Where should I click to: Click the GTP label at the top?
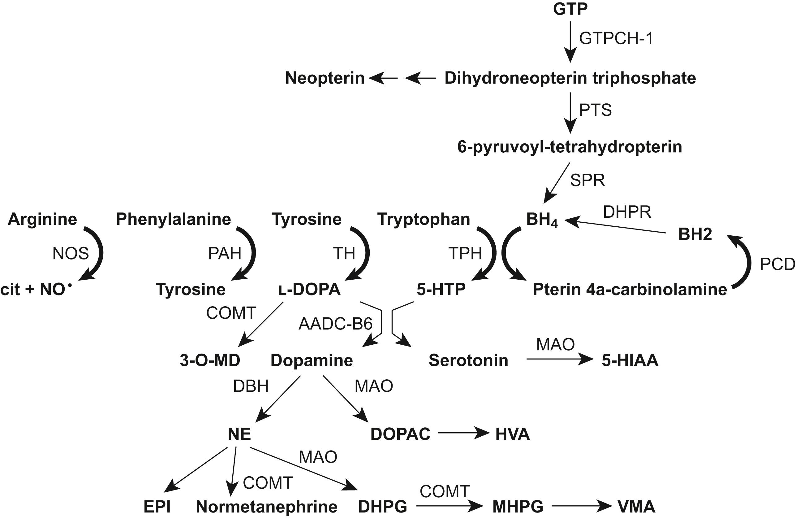[570, 9]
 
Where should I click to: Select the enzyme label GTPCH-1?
[616, 38]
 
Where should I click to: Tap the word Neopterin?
[325, 78]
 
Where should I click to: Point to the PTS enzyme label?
[595, 110]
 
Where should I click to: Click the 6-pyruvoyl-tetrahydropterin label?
[570, 147]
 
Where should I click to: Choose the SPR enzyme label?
[587, 181]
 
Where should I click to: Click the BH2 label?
[695, 234]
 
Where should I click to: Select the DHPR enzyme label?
[627, 212]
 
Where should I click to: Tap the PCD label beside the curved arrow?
[777, 264]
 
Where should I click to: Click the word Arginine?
[42, 219]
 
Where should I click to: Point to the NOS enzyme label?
[71, 254]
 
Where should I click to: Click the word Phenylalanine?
[173, 219]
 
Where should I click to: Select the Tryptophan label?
[424, 219]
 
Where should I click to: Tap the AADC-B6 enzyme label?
[335, 324]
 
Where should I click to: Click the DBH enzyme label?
[251, 386]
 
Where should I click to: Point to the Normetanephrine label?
[267, 507]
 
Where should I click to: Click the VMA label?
[636, 507]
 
